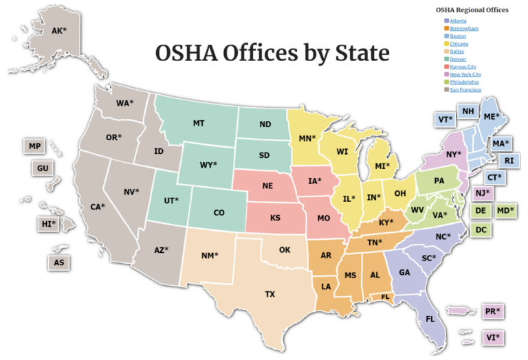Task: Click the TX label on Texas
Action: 270,294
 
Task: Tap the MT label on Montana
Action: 199,124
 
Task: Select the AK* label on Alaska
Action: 59,31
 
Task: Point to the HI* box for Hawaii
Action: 47,224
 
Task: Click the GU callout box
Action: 43,168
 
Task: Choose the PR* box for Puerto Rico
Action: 493,311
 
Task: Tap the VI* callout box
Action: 493,337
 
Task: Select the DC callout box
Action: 481,229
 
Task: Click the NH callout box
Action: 468,112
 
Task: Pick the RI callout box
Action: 509,161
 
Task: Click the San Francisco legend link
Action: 465,89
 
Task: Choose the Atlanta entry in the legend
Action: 458,21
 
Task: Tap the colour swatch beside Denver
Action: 447,59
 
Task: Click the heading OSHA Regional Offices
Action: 472,10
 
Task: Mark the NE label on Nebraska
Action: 269,187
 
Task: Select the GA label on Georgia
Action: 405,272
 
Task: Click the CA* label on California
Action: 98,206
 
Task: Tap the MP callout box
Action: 34,146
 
